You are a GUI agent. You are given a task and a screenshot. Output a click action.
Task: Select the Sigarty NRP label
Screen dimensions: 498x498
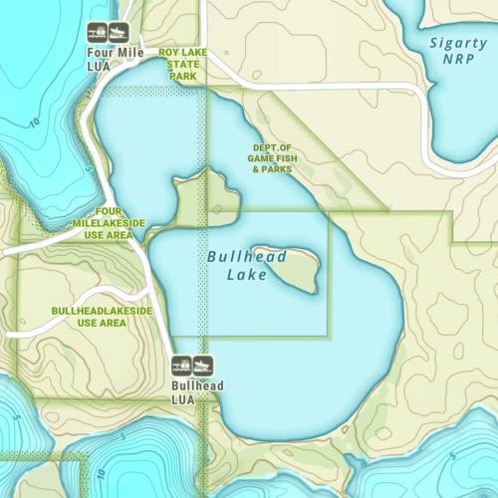pos(458,51)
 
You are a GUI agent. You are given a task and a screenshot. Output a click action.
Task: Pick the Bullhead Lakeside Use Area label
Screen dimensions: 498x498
pos(101,317)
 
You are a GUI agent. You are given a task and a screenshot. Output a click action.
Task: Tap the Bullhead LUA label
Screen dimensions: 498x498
pos(197,391)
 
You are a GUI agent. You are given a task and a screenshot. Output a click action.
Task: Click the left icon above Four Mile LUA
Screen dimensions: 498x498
pos(98,32)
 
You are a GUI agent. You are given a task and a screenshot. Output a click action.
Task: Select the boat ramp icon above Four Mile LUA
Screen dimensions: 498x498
pos(118,32)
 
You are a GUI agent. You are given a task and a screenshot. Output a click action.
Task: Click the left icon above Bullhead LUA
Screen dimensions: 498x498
pos(182,365)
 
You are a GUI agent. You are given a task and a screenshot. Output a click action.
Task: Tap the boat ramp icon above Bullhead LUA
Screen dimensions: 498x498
pos(202,365)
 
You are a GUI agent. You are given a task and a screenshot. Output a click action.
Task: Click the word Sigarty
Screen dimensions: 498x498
pos(458,43)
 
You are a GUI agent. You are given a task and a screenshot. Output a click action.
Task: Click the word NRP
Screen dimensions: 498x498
pos(458,60)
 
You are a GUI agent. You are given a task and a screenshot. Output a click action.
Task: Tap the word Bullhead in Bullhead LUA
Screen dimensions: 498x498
pos(197,385)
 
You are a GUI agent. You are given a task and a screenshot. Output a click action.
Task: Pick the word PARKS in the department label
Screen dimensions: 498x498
pos(285,169)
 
